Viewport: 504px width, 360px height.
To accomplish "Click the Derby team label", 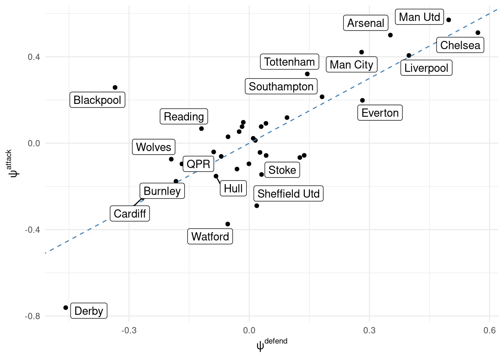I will (x=89, y=311).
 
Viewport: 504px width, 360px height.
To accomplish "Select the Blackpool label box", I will (x=97, y=100).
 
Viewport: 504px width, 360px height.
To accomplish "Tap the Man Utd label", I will (x=419, y=17).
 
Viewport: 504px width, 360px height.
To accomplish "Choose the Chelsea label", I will (x=460, y=45).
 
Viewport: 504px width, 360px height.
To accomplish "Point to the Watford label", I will (x=210, y=237).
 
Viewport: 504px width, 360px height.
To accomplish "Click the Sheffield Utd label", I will (x=288, y=194).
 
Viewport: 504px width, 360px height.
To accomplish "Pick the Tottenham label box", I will (x=289, y=62).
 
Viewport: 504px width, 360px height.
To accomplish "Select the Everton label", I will (x=380, y=113).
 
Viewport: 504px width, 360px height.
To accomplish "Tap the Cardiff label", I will (x=130, y=214).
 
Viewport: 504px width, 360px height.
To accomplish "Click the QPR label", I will (x=198, y=164).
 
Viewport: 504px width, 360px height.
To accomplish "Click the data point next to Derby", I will (x=66, y=307).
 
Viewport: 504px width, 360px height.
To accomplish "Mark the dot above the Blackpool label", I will (x=115, y=87).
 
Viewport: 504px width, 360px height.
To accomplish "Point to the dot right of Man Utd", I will (x=448, y=20).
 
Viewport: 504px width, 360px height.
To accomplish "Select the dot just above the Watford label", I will (x=228, y=224).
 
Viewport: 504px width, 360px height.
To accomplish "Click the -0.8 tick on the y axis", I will (x=33, y=316).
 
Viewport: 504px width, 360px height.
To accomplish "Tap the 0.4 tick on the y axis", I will (x=34, y=57).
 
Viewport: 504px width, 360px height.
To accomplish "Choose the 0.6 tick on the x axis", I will (x=490, y=330).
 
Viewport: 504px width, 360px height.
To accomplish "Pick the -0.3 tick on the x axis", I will (x=129, y=330).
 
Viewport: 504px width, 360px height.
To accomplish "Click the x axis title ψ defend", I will (x=271, y=344).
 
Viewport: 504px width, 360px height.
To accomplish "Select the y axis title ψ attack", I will (x=11, y=163).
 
